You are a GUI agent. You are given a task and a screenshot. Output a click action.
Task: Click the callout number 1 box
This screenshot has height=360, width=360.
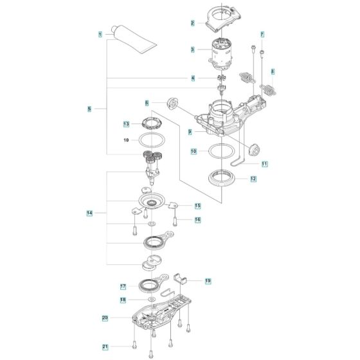(x=100, y=33)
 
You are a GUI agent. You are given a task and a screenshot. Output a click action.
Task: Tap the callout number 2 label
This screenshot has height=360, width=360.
(x=192, y=23)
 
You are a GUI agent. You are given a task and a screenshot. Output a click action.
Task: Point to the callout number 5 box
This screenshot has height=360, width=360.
(x=89, y=109)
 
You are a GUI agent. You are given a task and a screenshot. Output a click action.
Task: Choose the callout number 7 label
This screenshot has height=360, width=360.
(x=262, y=34)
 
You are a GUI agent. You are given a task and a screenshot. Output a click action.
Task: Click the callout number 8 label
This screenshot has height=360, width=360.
(x=273, y=71)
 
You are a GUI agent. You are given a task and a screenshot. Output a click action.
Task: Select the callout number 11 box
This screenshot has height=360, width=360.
(x=264, y=164)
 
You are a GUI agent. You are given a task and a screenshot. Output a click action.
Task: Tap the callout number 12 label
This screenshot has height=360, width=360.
(x=253, y=179)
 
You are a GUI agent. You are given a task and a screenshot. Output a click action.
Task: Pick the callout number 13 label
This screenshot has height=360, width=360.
(x=127, y=123)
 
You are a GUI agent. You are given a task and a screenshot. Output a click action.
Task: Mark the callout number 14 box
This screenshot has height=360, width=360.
(x=89, y=212)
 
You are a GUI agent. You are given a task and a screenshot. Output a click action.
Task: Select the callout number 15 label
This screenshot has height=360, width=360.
(x=198, y=205)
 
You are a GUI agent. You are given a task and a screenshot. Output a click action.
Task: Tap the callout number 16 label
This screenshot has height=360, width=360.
(x=198, y=219)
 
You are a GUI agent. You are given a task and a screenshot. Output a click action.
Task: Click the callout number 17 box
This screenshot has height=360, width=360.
(x=123, y=286)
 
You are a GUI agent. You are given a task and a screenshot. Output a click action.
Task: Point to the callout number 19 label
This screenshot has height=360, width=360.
(x=208, y=281)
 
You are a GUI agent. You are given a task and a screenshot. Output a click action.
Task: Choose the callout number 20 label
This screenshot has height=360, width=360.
(x=105, y=318)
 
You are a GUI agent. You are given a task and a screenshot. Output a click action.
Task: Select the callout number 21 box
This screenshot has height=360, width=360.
(x=105, y=347)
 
